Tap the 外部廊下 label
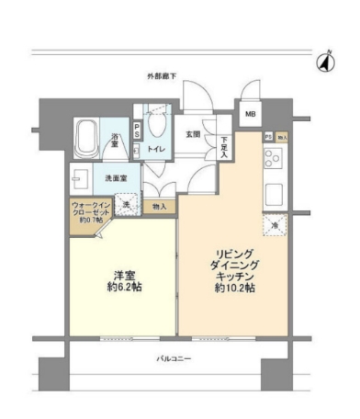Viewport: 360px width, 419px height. pos(162,75)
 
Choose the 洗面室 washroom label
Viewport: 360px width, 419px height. pos(115,178)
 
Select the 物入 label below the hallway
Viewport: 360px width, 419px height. pos(160,207)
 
